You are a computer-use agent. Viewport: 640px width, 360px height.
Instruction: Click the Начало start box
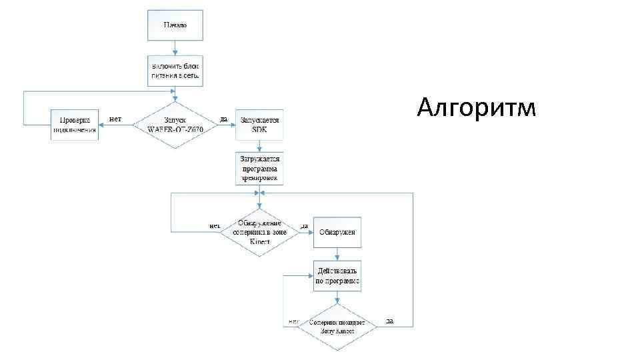(175, 25)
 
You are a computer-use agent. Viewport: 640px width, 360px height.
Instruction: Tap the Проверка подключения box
(75, 125)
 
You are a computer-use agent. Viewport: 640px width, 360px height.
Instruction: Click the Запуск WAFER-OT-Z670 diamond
(175, 125)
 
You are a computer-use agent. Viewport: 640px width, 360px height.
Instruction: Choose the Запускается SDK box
(260, 125)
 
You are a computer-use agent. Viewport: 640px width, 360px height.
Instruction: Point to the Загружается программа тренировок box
(260, 169)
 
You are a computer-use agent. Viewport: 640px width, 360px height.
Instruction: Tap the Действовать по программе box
(337, 276)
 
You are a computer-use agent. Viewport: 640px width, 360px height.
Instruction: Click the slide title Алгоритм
(475, 106)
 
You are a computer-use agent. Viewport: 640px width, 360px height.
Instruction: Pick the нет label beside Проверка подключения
(115, 119)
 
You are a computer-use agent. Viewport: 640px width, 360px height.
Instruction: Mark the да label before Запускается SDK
(224, 119)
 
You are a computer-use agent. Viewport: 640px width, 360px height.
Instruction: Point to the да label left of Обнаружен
(303, 227)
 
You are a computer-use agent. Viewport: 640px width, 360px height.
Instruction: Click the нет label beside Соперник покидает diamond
(293, 321)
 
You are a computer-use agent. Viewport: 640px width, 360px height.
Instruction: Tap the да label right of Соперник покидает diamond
(389, 321)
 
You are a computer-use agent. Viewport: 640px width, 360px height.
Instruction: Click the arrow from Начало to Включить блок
(175, 47)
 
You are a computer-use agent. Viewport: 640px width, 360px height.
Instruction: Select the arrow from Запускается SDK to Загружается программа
(260, 146)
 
